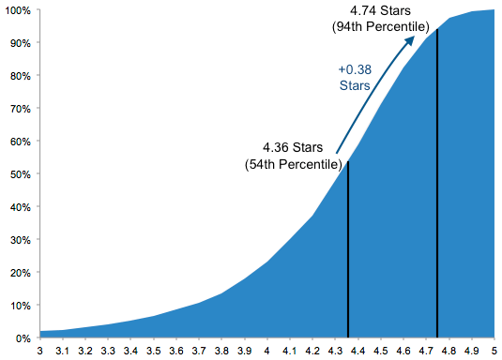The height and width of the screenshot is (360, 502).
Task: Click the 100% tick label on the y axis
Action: [x=18, y=10]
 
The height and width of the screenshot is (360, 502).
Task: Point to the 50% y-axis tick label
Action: [x=21, y=174]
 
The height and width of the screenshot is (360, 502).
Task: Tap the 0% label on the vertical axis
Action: [x=23, y=338]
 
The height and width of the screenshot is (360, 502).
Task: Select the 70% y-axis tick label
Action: [x=21, y=109]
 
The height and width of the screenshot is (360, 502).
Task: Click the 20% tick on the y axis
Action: [x=21, y=273]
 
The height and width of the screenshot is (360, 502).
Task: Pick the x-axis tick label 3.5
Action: [x=154, y=351]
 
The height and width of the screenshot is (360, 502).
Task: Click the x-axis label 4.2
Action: [x=312, y=351]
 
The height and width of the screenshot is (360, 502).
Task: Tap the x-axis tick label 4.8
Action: [x=449, y=351]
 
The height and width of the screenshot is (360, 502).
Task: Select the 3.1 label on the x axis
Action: [x=63, y=351]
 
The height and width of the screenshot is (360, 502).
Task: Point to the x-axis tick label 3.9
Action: [x=244, y=351]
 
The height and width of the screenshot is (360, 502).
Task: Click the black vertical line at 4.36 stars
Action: [x=348, y=249]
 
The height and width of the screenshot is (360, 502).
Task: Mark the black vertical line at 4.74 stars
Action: [x=437, y=183]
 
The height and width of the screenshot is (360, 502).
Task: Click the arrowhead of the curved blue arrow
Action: [x=410, y=40]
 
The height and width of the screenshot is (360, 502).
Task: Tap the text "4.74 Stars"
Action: [x=380, y=11]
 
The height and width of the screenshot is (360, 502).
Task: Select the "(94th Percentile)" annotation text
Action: [x=380, y=26]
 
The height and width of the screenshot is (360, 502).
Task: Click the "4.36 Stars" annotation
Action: [x=293, y=147]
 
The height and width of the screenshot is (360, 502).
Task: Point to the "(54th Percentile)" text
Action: [x=294, y=164]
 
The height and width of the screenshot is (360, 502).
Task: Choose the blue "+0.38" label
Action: [x=355, y=69]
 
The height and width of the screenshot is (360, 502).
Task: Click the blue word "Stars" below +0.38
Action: [x=355, y=85]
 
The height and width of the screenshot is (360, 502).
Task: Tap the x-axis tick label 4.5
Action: [x=381, y=351]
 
